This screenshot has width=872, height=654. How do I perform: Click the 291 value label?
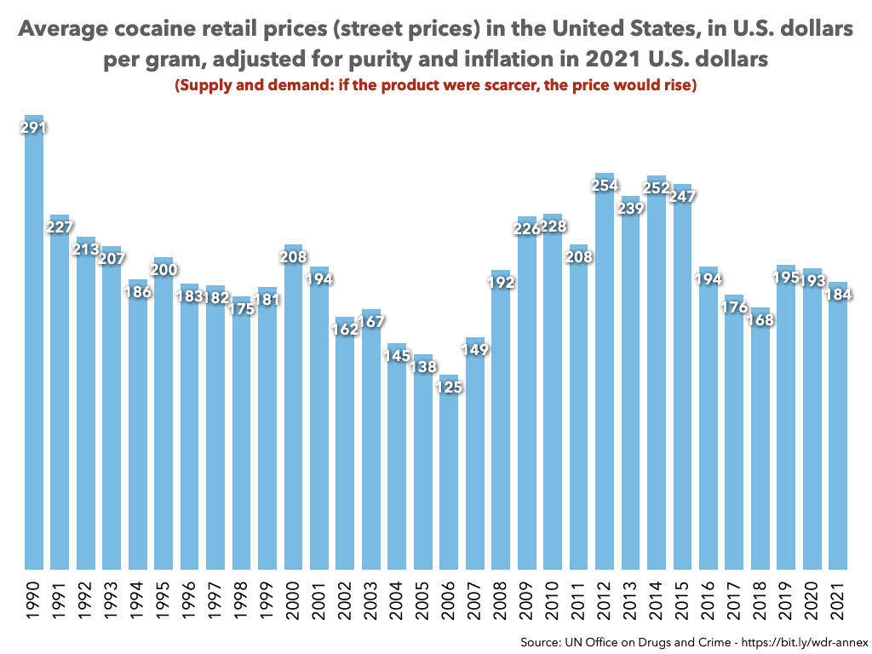(33, 128)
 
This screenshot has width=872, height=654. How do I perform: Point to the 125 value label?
(449, 388)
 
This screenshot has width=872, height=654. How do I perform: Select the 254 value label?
(605, 186)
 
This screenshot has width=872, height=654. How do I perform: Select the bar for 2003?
(371, 443)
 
